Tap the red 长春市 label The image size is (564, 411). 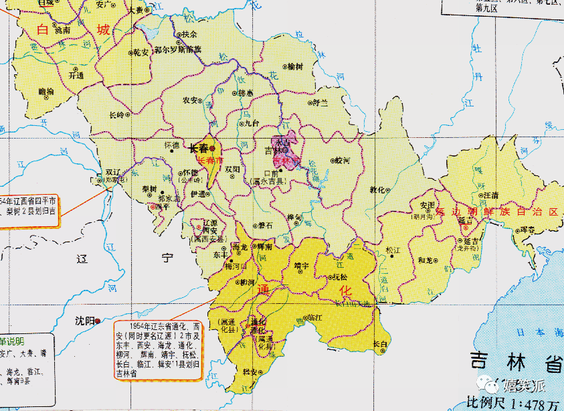[x=210, y=161]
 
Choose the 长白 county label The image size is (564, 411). [x=379, y=343]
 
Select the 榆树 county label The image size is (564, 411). [x=294, y=66]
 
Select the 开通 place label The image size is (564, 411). [x=76, y=76]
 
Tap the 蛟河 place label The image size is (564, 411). [x=343, y=161]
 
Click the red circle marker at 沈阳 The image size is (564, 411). [x=98, y=321]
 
